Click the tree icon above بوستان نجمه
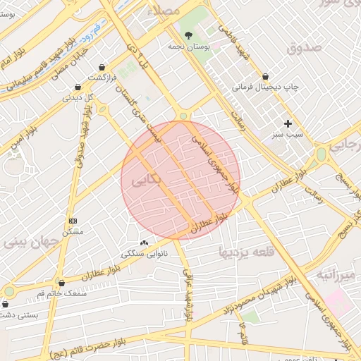pyautogui.click(x=188, y=35)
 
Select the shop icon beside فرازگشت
pyautogui.click(x=104, y=67)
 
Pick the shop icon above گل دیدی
pyautogui.click(x=78, y=87)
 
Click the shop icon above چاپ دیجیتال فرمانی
pyautogui.click(x=265, y=77)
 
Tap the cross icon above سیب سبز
pyautogui.click(x=288, y=123)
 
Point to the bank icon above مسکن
pyautogui.click(x=73, y=221)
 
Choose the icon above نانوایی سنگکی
pyautogui.click(x=144, y=243)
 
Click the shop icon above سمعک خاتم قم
pyautogui.click(x=62, y=283)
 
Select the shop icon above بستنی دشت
pyautogui.click(x=6, y=305)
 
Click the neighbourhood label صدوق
pyautogui.click(x=305, y=49)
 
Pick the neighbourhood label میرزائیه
pyautogui.click(x=337, y=273)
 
